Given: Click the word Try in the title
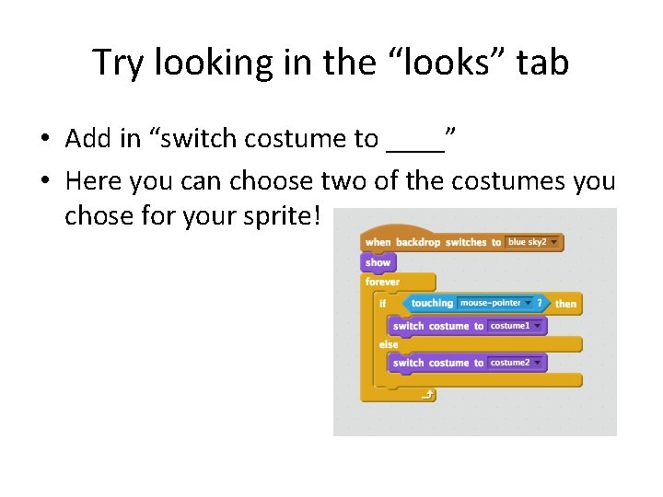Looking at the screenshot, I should (119, 63).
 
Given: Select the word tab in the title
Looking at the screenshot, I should (542, 63).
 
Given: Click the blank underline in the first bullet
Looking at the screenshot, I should (415, 140).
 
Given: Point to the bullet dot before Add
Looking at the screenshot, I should (43, 140).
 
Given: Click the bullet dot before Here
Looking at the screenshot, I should (43, 181).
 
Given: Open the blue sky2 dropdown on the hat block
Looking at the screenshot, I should (533, 242).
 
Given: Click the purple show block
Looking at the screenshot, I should (378, 262).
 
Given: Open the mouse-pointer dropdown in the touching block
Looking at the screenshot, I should (495, 303).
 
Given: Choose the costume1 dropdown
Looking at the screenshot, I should (516, 326).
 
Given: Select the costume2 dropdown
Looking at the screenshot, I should (516, 363).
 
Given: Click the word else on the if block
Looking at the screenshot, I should (389, 344).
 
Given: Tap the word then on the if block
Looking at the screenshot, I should (565, 304).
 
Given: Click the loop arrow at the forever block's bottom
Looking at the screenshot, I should (426, 395).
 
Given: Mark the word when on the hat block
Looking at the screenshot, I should (378, 243).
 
